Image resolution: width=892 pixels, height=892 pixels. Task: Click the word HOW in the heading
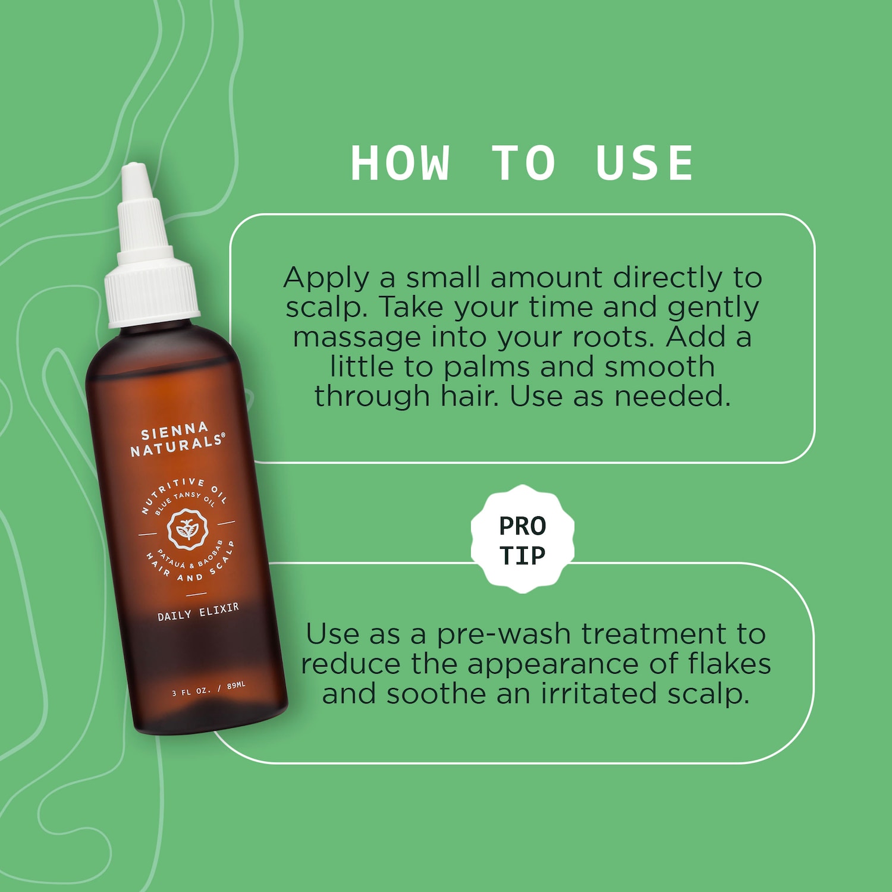coord(400,163)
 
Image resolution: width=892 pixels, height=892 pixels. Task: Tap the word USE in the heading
coord(645,163)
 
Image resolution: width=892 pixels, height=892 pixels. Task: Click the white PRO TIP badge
coord(523,539)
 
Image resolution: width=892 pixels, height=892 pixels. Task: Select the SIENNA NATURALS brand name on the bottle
coord(177,439)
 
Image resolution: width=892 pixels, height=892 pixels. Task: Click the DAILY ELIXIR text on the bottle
coord(198,612)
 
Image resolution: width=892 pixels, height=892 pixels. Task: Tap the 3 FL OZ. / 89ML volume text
coord(209,689)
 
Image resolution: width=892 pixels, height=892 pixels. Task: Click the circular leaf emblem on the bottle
coord(187,529)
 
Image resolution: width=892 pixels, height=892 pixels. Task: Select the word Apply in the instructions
coord(326,279)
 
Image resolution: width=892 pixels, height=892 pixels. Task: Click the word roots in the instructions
coord(614,338)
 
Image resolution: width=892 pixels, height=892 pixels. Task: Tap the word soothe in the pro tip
coord(436,693)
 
